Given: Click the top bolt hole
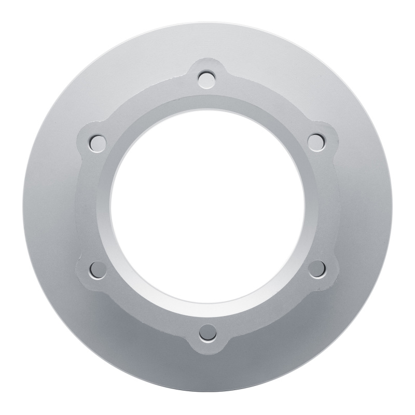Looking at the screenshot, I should point(208,79).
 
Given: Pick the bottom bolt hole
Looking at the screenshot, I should point(208,330).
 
